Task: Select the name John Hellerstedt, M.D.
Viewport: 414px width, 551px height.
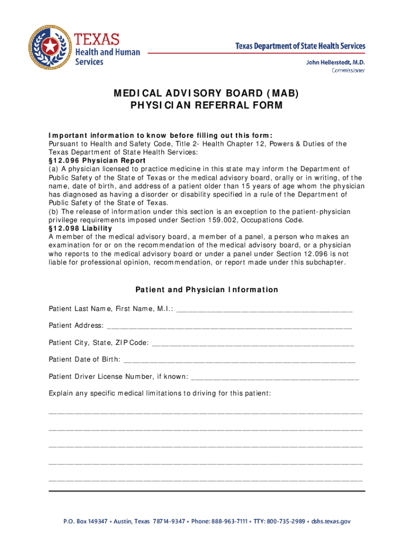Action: [x=336, y=62]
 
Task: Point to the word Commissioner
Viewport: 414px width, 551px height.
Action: [x=348, y=70]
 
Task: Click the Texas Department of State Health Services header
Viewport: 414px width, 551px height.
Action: [x=300, y=46]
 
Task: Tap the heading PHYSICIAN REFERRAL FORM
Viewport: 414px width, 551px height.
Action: [x=206, y=105]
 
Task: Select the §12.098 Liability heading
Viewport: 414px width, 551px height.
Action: [x=80, y=228]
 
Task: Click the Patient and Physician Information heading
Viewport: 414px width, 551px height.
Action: [x=206, y=290]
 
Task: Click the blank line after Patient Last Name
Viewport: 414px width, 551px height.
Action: [x=264, y=309]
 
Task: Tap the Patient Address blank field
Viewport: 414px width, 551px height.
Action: [x=230, y=327]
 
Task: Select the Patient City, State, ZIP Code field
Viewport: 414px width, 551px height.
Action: [x=253, y=343]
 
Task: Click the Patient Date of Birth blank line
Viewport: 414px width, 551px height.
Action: [x=239, y=360]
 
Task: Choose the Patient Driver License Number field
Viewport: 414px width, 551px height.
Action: [x=275, y=377]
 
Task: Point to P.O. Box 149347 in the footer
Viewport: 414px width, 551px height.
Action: [x=85, y=521]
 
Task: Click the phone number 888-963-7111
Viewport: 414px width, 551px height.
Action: [x=229, y=521]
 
